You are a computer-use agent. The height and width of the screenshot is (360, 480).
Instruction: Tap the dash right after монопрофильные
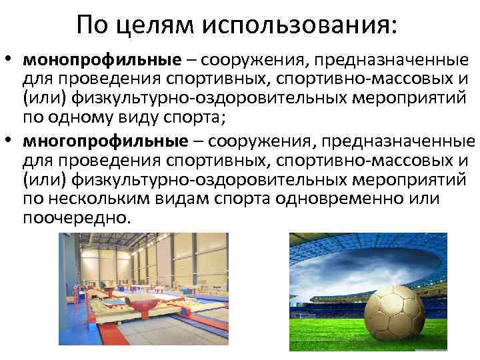coord(191,62)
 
